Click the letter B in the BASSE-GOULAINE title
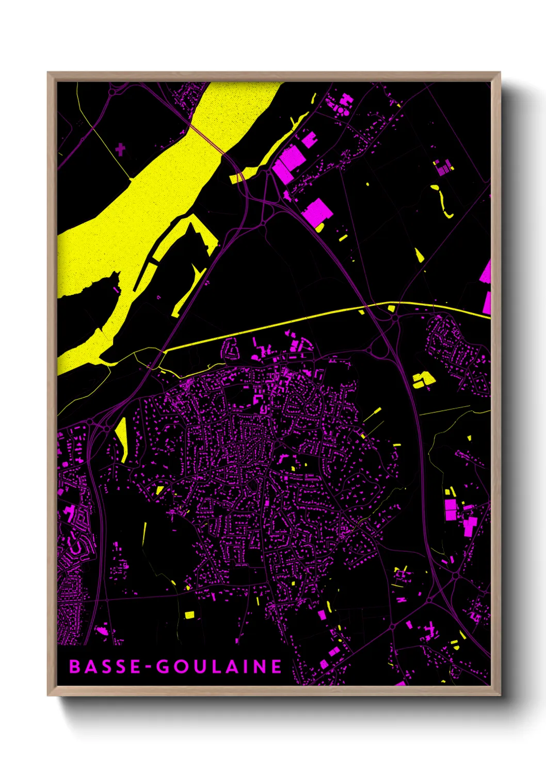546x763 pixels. click(74, 667)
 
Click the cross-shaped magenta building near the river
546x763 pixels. click(120, 150)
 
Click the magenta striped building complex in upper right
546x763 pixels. click(443, 166)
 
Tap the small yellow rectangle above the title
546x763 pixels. click(189, 615)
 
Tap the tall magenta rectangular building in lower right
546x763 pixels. click(451, 509)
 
